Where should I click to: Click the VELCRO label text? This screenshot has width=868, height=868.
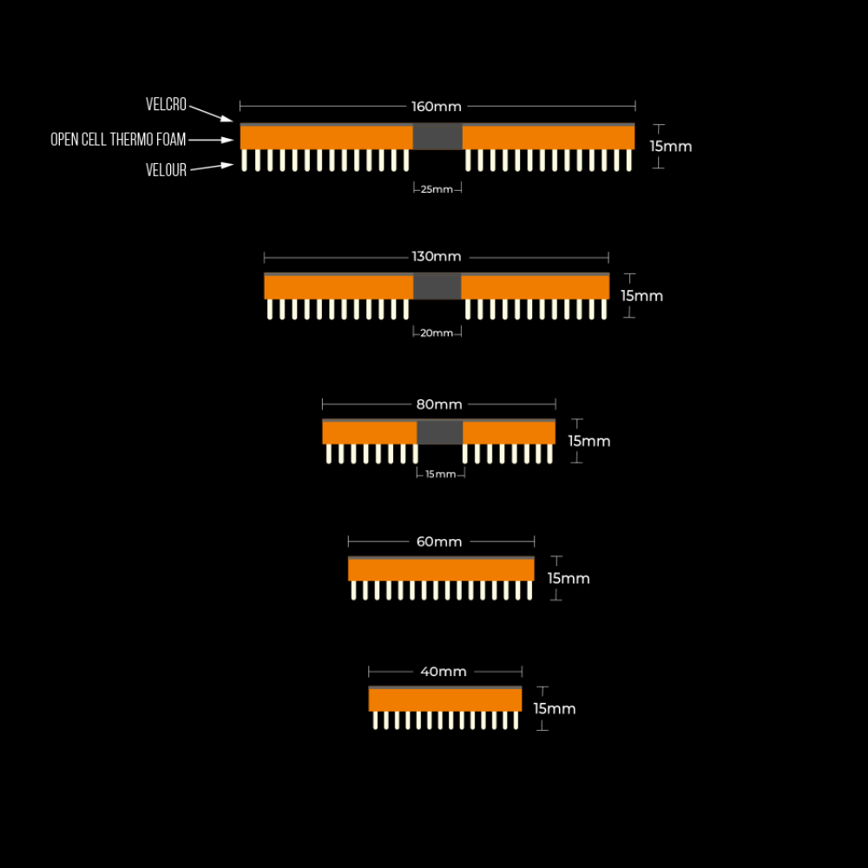point(166,104)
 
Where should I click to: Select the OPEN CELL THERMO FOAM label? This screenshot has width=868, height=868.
point(118,140)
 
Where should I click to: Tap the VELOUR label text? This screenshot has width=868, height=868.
point(166,170)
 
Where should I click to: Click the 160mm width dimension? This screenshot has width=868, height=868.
point(437,106)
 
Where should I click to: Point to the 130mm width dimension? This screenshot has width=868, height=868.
point(437,257)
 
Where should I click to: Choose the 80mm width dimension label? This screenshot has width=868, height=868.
point(439,404)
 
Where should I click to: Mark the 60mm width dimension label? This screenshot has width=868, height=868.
point(439,542)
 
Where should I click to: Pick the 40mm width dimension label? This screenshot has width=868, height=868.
point(444,672)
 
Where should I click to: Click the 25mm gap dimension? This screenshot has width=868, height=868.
point(437,189)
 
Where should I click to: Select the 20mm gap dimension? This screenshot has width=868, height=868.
point(437,333)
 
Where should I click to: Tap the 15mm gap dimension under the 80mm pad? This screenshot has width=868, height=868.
point(441,475)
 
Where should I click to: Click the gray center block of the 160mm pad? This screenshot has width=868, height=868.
point(437,137)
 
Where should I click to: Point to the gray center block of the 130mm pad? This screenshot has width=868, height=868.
point(437,286)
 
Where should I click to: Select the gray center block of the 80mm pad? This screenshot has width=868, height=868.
point(439,432)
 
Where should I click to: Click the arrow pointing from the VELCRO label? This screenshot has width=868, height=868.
point(211,114)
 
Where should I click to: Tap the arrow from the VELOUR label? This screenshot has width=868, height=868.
point(212,167)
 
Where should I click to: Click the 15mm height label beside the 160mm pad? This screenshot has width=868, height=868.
point(670,147)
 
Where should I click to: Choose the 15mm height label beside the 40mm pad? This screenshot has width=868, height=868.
point(554,709)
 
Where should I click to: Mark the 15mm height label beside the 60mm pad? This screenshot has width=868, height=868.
point(569,578)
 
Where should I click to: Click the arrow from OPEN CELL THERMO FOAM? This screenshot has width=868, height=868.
point(211,140)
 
